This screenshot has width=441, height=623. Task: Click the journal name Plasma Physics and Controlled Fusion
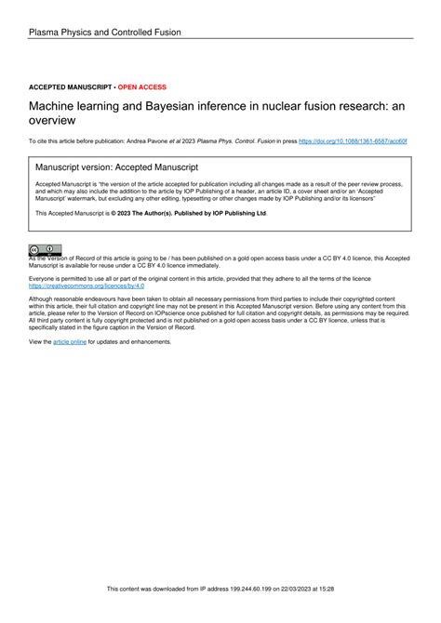[x=104, y=33]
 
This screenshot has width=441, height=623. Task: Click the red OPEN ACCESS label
[x=141, y=86]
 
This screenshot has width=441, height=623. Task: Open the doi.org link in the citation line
[x=352, y=141]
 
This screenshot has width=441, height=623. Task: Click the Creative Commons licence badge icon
[x=46, y=250]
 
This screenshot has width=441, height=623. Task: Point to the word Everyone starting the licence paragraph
[x=44, y=278]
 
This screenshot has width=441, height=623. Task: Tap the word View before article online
[x=38, y=342]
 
